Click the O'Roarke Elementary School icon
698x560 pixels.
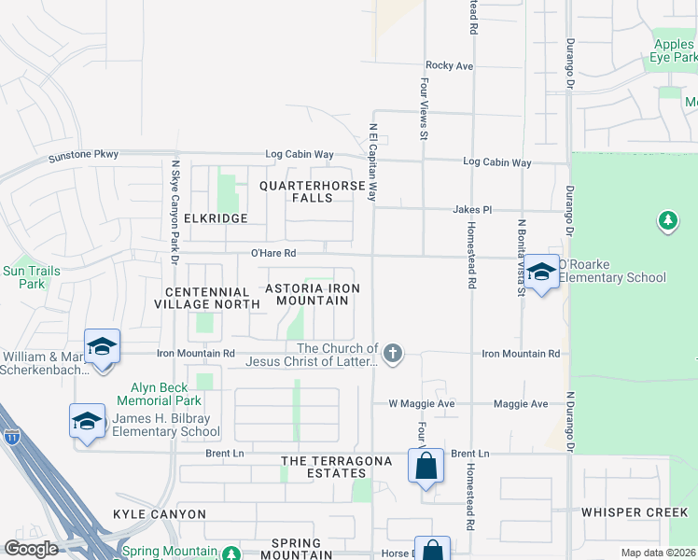[x=541, y=272]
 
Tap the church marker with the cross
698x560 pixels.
[x=394, y=353]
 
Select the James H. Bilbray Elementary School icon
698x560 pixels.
[x=87, y=420]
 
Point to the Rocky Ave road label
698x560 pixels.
[x=450, y=66]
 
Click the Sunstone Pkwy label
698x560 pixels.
[x=84, y=155]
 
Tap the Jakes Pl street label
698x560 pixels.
[x=472, y=210]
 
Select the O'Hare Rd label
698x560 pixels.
[x=273, y=253]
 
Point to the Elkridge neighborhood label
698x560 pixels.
[x=216, y=218]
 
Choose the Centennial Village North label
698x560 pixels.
[x=206, y=297]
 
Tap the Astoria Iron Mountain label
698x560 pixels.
[x=313, y=294]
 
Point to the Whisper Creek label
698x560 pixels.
[x=634, y=512]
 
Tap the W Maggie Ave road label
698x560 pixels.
[x=421, y=404]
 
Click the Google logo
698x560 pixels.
[x=31, y=549]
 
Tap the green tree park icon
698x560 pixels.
[x=667, y=221]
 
